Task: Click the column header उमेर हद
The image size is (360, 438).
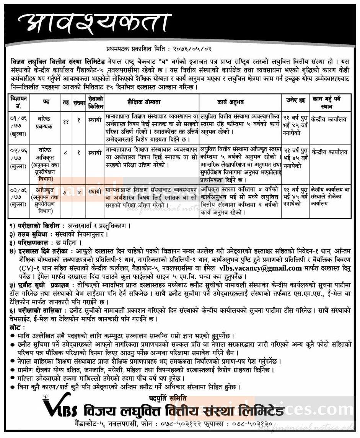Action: pos(295,100)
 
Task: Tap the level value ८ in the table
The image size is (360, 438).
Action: pos(65,152)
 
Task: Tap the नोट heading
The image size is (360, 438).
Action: pos(17,327)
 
